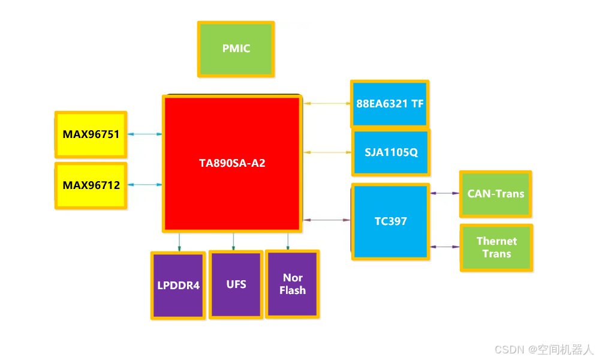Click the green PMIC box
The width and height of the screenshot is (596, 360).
236,49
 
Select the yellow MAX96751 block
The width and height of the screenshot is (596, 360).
91,134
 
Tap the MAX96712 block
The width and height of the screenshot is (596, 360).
91,185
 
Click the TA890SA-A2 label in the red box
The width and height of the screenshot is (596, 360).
232,163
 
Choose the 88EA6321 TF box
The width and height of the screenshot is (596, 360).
390,104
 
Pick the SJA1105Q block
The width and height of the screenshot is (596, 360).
391,152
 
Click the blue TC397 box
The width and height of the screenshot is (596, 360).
390,221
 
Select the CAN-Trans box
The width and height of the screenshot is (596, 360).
495,194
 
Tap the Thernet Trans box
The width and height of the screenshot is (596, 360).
496,247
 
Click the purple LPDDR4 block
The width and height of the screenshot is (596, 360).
178,286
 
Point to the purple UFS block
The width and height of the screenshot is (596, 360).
236,284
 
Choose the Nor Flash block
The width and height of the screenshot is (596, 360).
293,284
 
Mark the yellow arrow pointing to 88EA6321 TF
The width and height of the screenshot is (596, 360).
327,104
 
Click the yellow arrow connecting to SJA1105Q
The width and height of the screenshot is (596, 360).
327,152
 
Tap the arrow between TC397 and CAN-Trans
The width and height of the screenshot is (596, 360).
445,193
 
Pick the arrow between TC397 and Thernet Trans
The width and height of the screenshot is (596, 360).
445,247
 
